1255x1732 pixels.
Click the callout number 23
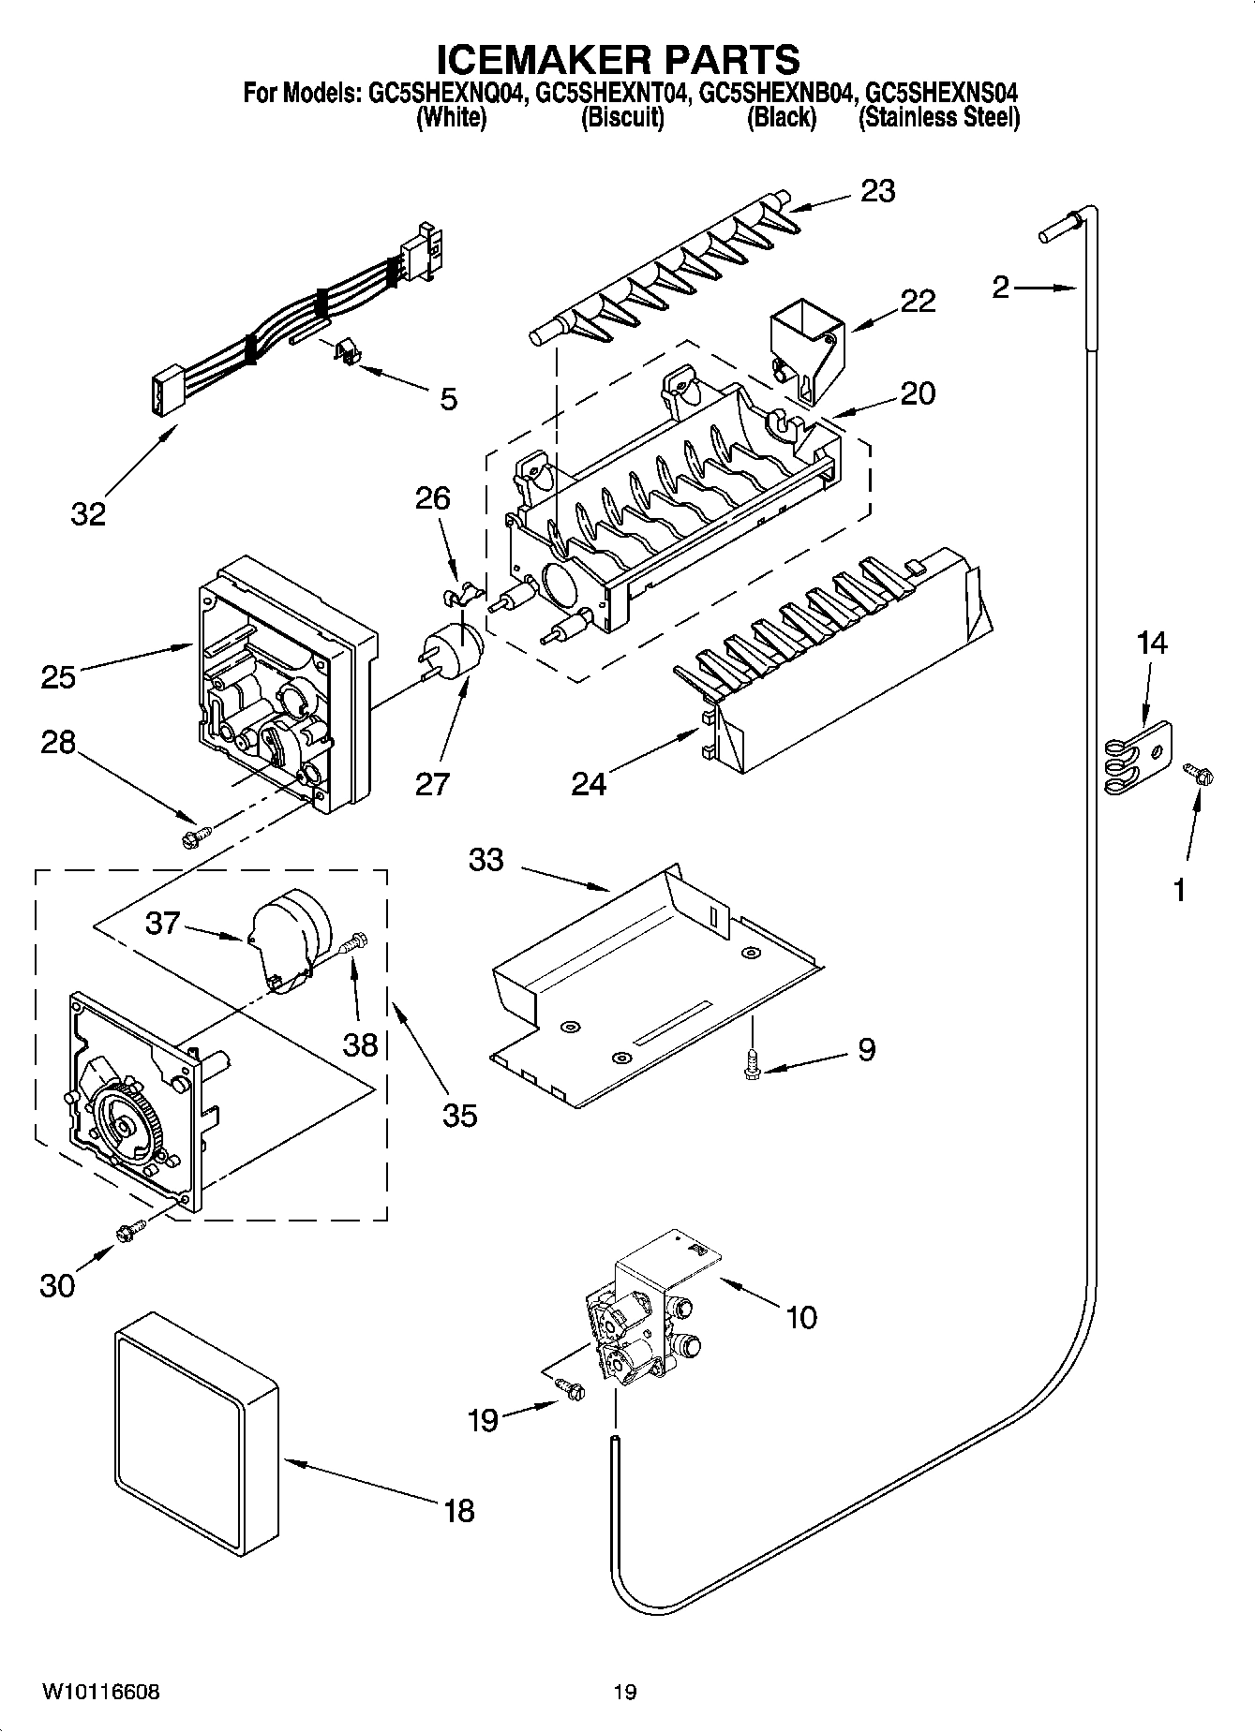(x=878, y=191)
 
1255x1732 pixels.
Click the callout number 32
(x=88, y=513)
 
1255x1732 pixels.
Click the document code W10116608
(x=100, y=1692)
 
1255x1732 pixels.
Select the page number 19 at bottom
(x=625, y=1692)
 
